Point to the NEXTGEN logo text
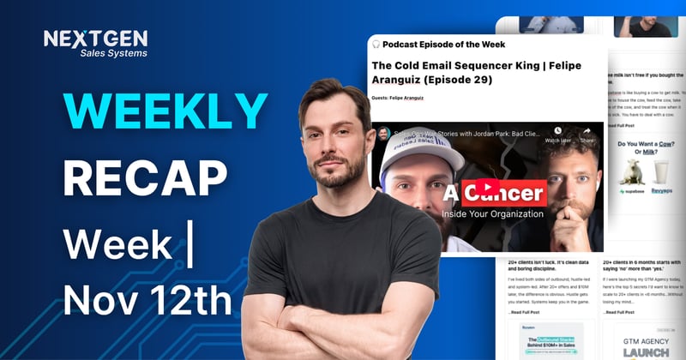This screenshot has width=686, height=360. coord(95,39)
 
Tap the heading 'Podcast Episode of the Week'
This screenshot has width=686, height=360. coord(443,44)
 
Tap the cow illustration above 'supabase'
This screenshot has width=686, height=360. coord(632,171)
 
